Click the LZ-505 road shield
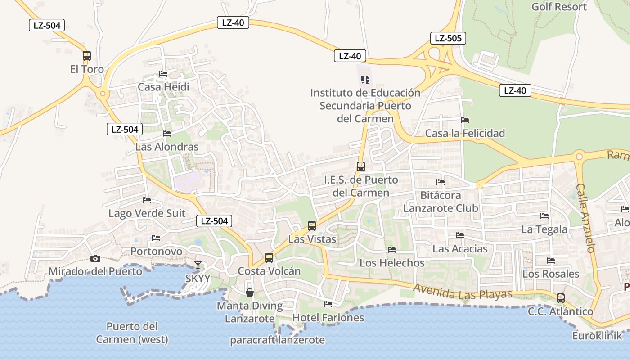[448, 38]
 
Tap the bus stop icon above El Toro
[87, 56]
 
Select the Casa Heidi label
[163, 87]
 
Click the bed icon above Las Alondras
[167, 134]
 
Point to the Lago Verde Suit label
[147, 213]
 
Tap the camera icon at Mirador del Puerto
[95, 258]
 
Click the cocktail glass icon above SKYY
[198, 265]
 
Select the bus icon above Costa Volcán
[269, 258]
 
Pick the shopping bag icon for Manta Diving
[250, 292]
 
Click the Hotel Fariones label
[328, 318]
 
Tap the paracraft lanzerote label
[277, 340]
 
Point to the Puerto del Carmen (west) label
[132, 333]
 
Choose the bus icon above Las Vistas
[312, 226]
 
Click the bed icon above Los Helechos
[392, 250]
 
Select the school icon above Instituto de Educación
[365, 80]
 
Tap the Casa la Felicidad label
[465, 133]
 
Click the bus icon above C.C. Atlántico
[561, 298]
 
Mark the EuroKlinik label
[597, 336]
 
